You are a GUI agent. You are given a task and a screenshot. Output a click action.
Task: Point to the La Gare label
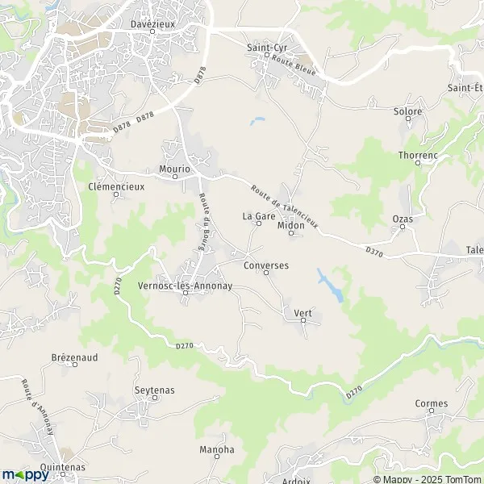(x=259, y=216)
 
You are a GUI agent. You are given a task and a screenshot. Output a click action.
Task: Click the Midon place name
(x=290, y=226)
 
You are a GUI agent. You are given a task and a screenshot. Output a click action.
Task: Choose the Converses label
(x=265, y=265)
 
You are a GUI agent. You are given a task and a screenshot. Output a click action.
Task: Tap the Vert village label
(x=302, y=313)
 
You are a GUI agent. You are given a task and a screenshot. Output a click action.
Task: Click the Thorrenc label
(x=416, y=154)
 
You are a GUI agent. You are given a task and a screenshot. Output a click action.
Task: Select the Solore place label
(x=407, y=111)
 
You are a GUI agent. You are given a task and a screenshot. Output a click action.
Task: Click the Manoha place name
(x=216, y=449)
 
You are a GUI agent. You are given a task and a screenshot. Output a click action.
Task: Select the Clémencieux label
(x=115, y=186)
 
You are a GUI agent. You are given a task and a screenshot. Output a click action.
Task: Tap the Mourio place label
(x=175, y=169)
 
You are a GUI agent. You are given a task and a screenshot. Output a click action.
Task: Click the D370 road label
(x=373, y=252)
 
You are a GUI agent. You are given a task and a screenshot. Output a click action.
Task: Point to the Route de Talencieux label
(x=285, y=205)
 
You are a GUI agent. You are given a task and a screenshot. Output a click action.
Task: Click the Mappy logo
(x=25, y=475)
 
